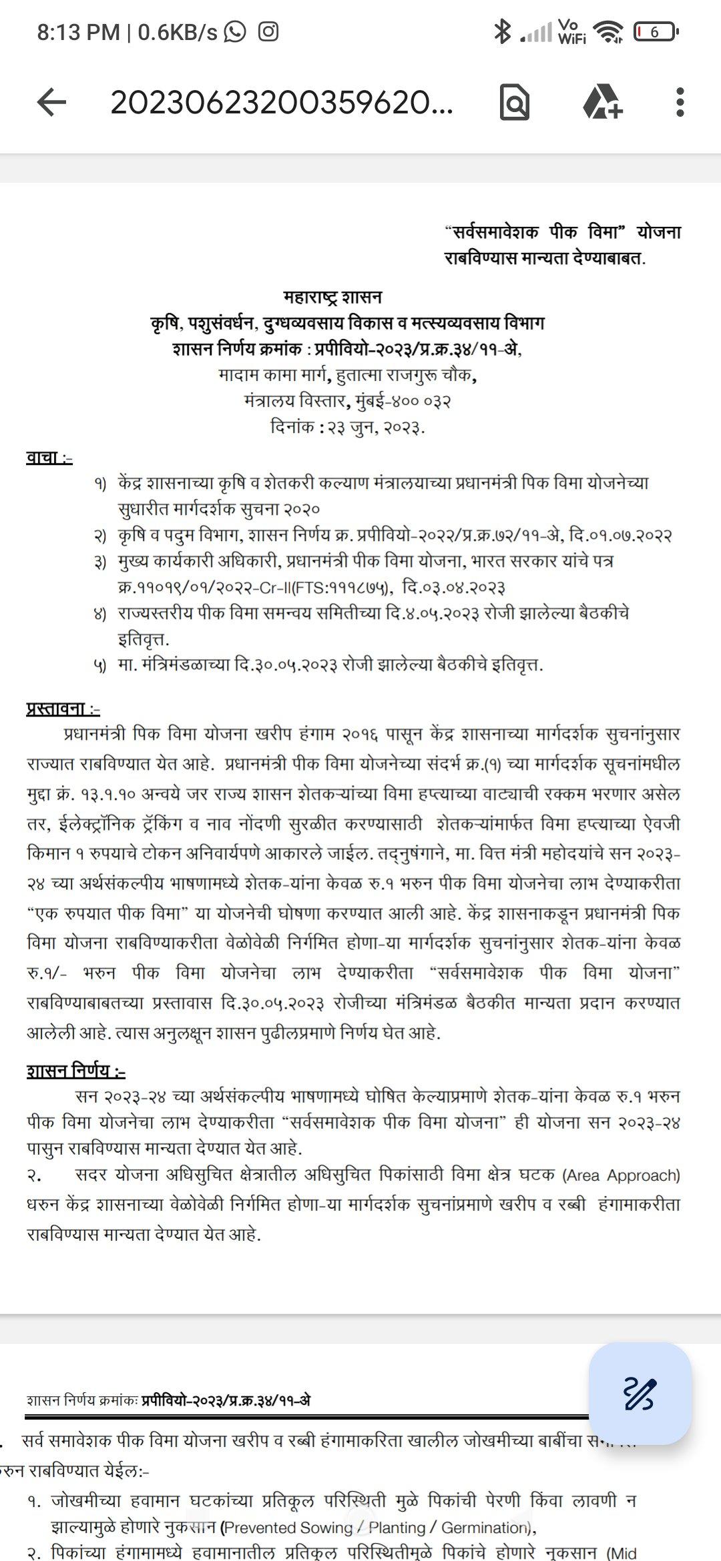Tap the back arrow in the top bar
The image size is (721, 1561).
(51, 103)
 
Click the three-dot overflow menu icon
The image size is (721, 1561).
(680, 103)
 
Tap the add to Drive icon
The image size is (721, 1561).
(602, 103)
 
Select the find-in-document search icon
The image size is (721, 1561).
(515, 103)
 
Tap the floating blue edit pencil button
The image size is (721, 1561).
(640, 1393)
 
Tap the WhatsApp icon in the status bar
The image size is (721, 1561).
(235, 31)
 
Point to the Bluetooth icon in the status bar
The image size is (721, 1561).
(502, 31)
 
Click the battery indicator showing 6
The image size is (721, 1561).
(656, 31)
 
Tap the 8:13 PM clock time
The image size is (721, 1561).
(78, 32)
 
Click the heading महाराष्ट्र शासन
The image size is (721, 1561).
(332, 296)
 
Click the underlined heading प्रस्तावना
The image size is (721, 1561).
(63, 708)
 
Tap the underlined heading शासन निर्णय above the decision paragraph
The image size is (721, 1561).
(75, 1071)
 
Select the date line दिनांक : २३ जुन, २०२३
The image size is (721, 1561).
(348, 427)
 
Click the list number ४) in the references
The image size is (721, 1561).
(99, 614)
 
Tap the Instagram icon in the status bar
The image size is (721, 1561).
(268, 31)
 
